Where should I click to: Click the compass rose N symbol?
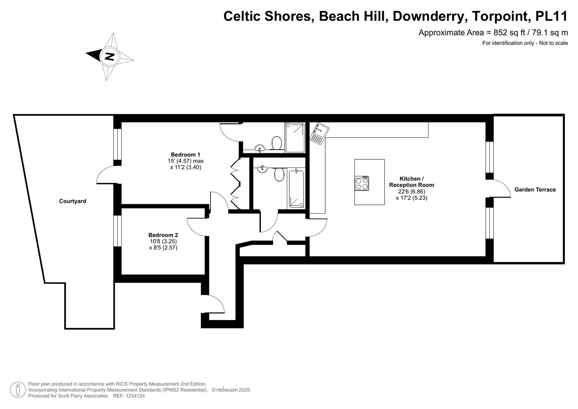click(109, 56)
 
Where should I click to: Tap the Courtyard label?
click(72, 201)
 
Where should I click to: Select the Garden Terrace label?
click(535, 190)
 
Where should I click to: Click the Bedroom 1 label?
click(185, 155)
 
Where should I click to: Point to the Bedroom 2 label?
click(163, 235)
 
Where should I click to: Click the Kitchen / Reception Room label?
click(411, 182)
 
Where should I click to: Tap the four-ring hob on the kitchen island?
click(361, 183)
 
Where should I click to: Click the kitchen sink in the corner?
click(319, 133)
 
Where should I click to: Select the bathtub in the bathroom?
click(296, 189)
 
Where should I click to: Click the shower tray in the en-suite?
click(295, 137)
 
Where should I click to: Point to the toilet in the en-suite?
click(277, 143)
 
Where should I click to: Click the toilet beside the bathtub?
click(279, 175)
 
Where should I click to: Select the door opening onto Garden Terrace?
click(500, 188)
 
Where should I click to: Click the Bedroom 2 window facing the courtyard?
click(118, 231)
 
